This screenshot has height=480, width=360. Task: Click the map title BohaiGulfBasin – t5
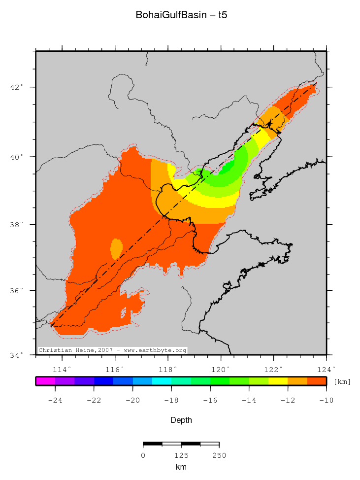[181, 16]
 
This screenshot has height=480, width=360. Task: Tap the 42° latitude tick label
[18, 87]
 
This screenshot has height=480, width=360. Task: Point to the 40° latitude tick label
[18, 157]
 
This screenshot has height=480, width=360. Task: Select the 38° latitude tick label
[18, 225]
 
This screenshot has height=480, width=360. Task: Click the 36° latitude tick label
[18, 291]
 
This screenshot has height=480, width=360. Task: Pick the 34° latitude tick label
[18, 355]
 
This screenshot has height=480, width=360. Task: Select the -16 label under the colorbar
[210, 400]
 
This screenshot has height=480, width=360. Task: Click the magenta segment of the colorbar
[45, 381]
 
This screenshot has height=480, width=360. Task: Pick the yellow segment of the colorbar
[278, 381]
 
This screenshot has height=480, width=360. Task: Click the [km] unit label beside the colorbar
[342, 381]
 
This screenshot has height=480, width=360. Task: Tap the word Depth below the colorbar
[181, 420]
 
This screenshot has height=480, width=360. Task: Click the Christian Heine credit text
[113, 350]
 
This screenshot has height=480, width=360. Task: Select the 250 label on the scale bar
[219, 455]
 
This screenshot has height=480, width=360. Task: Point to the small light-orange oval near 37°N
[117, 248]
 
